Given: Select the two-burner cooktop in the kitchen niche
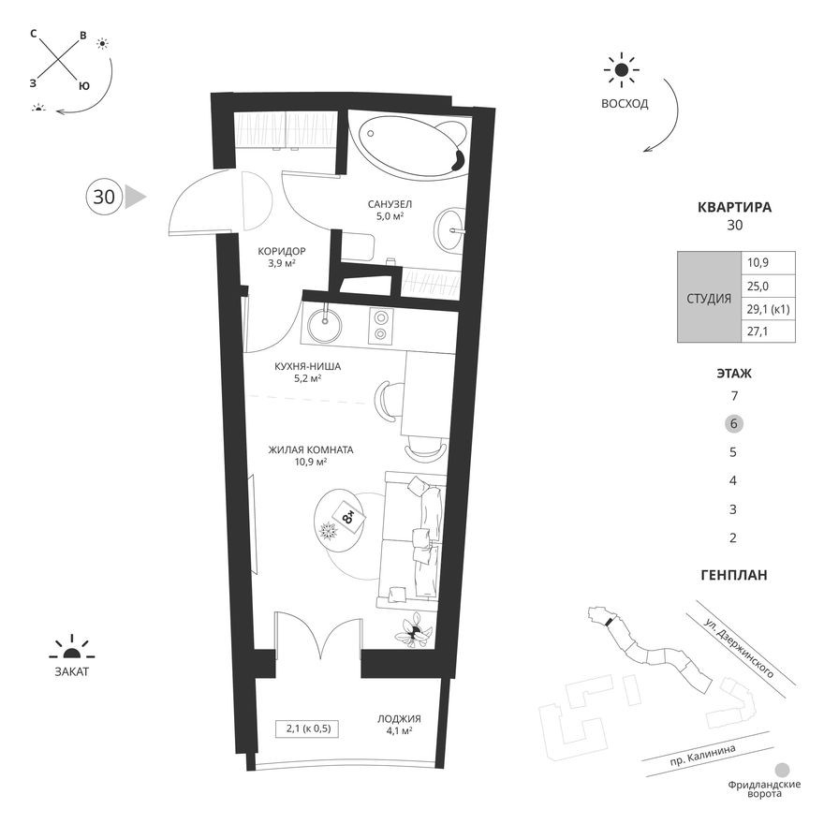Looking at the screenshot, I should pyautogui.click(x=381, y=324).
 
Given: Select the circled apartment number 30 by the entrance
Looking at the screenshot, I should pyautogui.click(x=104, y=197).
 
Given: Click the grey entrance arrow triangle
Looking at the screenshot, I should pyautogui.click(x=136, y=197).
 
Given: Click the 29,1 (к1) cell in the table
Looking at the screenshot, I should pyautogui.click(x=769, y=309).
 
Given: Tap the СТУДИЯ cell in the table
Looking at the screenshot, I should pyautogui.click(x=709, y=298).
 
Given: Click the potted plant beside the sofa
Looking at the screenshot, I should pyautogui.click(x=412, y=633).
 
